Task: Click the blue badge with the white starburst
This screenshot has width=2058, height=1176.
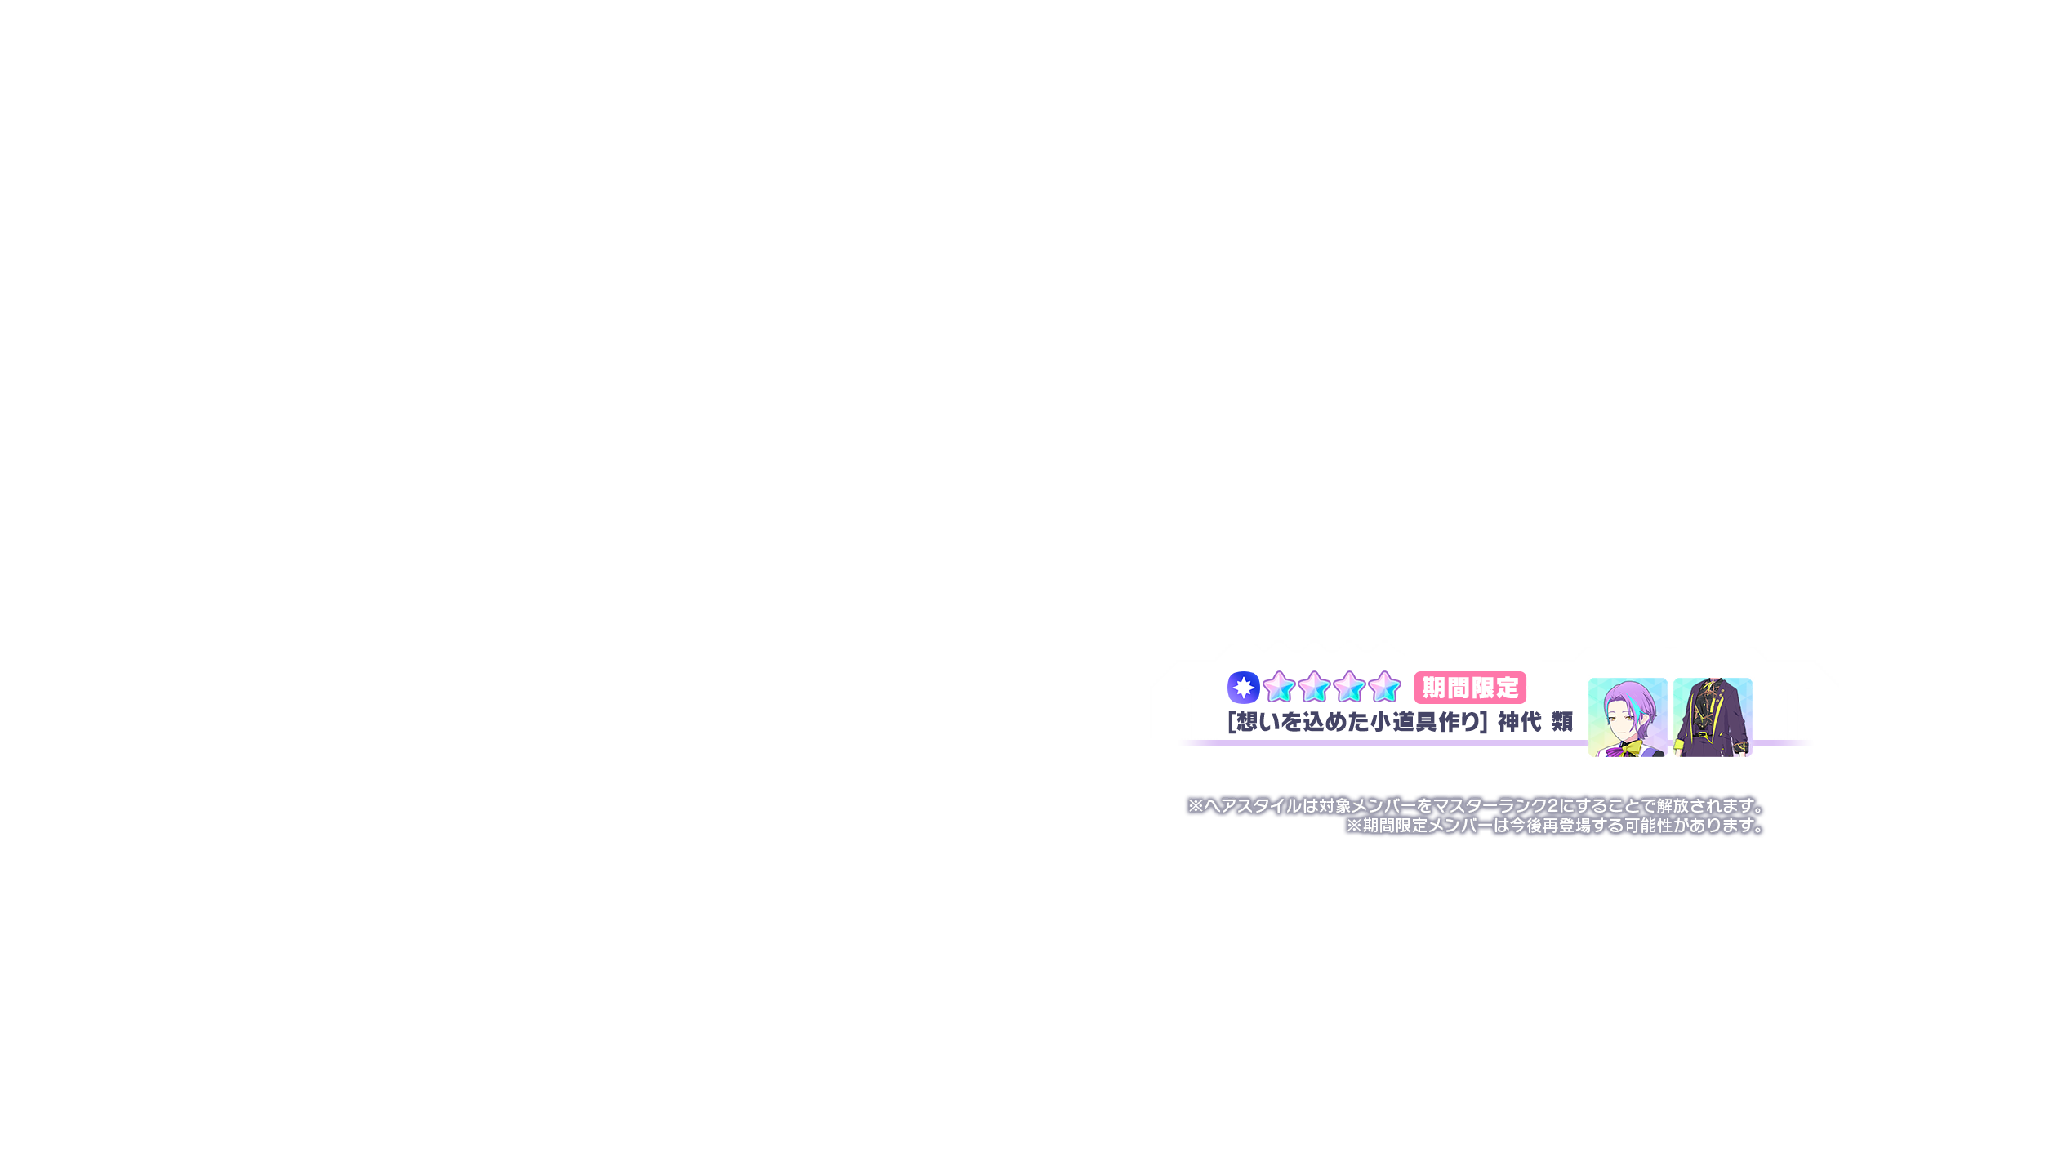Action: [1243, 688]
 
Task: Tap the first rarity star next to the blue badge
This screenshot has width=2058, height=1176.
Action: [1279, 687]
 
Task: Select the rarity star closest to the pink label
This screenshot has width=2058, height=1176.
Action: [1385, 687]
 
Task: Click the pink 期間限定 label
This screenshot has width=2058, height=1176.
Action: [1470, 688]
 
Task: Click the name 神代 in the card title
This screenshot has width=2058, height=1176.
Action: [1519, 722]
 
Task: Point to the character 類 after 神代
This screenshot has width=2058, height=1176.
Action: [1562, 722]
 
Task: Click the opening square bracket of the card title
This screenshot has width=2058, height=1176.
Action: [1232, 722]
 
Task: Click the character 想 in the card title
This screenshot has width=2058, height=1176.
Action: [1248, 722]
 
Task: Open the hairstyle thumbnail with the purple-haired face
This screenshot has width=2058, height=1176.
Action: [1628, 717]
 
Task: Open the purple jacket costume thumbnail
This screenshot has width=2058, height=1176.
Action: [1713, 717]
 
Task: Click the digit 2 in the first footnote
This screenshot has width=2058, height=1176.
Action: [1552, 806]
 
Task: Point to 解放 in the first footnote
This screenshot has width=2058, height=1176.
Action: [1673, 806]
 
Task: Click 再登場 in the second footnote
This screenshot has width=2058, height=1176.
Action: [1566, 826]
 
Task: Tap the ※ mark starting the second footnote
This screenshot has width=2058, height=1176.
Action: [1354, 826]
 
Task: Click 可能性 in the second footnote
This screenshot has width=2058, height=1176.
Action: [1648, 826]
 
